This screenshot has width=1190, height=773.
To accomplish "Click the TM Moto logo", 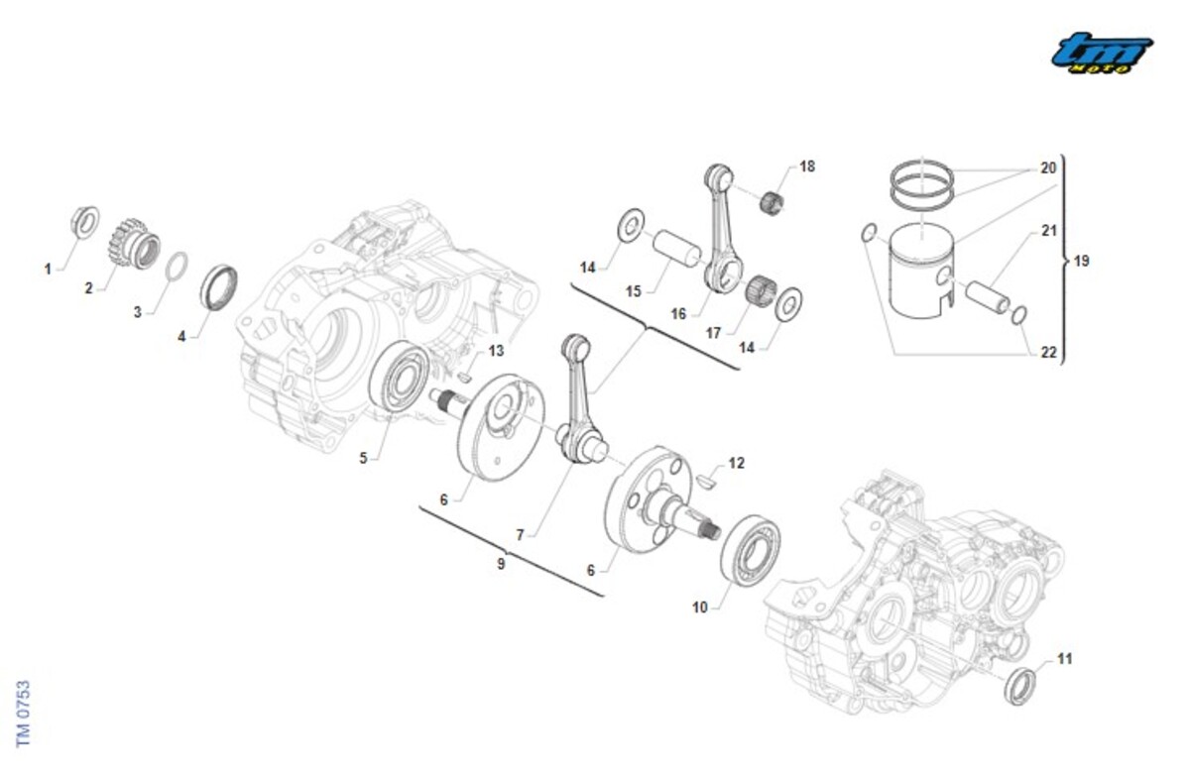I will click(1102, 52).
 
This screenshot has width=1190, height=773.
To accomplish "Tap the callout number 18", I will click(807, 166).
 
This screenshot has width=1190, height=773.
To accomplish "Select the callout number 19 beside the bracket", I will click(1081, 262).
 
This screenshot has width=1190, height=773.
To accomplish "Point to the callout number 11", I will click(1064, 658).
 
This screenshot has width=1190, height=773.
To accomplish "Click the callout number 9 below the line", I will click(501, 563).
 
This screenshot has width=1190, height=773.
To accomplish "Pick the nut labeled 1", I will click(85, 218).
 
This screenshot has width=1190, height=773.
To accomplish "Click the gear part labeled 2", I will click(135, 242).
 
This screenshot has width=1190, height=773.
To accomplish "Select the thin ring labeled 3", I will click(177, 267).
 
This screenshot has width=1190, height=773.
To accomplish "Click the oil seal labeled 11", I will click(1018, 686).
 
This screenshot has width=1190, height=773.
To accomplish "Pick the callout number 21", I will click(1049, 231).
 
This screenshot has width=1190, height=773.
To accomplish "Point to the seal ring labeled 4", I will click(219, 286).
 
